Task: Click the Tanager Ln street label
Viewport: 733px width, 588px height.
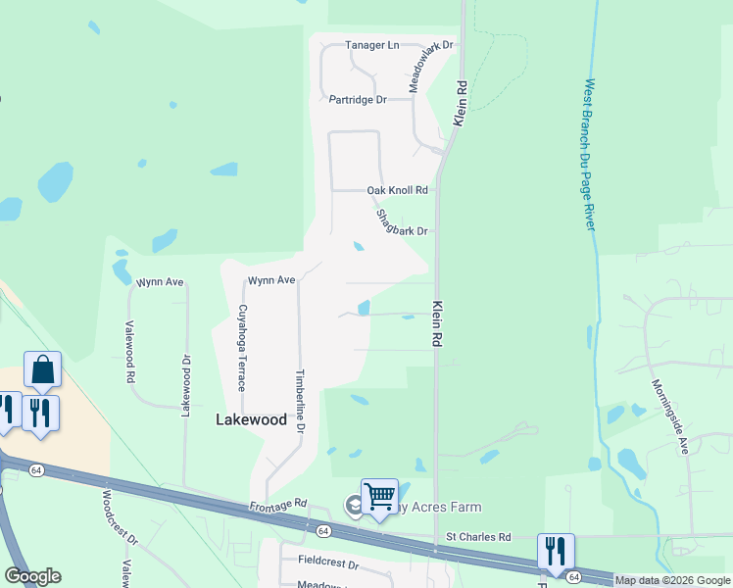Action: pyautogui.click(x=373, y=45)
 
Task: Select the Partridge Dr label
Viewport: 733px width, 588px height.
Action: pyautogui.click(x=358, y=99)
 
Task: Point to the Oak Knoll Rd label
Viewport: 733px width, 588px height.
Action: pyautogui.click(x=397, y=190)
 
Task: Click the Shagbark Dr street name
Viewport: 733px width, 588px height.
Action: pyautogui.click(x=402, y=224)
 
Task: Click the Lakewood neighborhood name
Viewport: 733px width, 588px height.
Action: pyautogui.click(x=251, y=419)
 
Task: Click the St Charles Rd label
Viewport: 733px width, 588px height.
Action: pyautogui.click(x=478, y=537)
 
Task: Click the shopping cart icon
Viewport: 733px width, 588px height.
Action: pyautogui.click(x=379, y=495)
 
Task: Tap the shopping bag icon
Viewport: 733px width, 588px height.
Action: pyautogui.click(x=43, y=369)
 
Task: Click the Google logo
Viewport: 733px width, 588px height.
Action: pyautogui.click(x=32, y=576)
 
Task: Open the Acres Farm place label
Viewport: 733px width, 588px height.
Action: pyautogui.click(x=437, y=507)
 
